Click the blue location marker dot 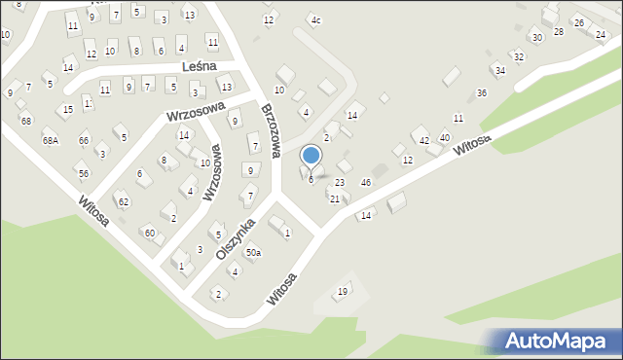[311, 155]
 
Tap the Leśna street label [204, 67]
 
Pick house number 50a [253, 253]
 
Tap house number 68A [50, 141]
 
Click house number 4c [314, 20]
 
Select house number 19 [342, 292]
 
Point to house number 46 [366, 183]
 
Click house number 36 [481, 93]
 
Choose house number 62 [123, 202]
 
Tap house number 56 [84, 173]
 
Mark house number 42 [423, 142]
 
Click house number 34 [499, 71]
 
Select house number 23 [340, 183]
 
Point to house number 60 [148, 233]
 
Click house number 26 [578, 23]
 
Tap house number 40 [445, 138]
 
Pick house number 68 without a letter [25, 121]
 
